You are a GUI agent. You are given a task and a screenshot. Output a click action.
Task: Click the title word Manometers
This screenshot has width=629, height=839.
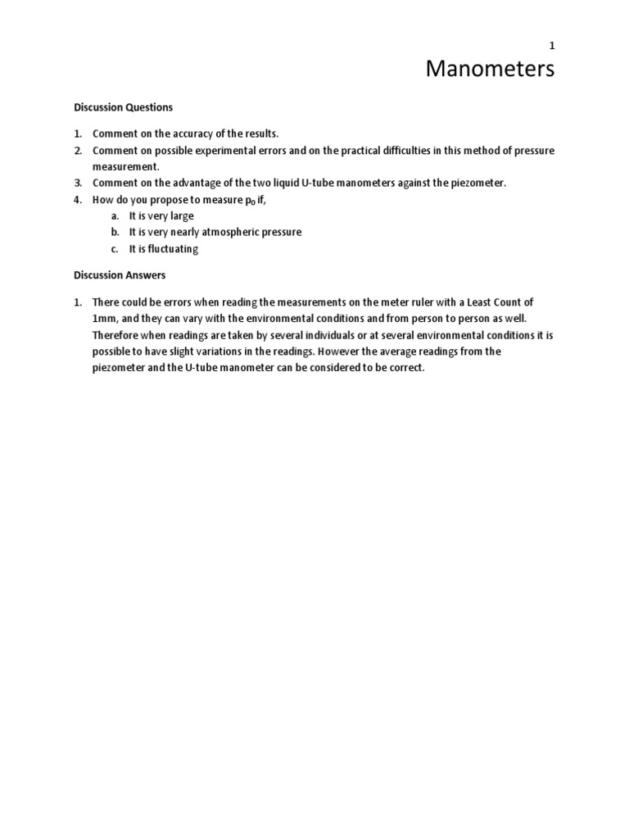pos(490,70)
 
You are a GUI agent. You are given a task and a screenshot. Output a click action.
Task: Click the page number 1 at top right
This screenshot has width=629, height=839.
pos(552,47)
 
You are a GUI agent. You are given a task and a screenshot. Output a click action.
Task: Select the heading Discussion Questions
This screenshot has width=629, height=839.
pos(124,107)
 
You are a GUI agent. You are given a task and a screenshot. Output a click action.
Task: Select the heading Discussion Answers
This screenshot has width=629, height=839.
pos(120,275)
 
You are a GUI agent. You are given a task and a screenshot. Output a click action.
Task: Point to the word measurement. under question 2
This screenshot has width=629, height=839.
pos(124,166)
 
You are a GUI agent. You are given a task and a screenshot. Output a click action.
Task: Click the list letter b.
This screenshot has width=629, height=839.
pos(115,232)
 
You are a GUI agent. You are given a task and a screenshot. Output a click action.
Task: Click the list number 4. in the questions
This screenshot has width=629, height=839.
pos(79,199)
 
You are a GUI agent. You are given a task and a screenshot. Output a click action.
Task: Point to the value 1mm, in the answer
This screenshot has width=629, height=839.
pos(106,318)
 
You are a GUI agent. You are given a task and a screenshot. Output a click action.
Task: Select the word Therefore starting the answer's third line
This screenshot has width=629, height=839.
pos(118,334)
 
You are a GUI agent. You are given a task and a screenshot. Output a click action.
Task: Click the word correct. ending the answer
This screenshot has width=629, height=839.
pos(405,367)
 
